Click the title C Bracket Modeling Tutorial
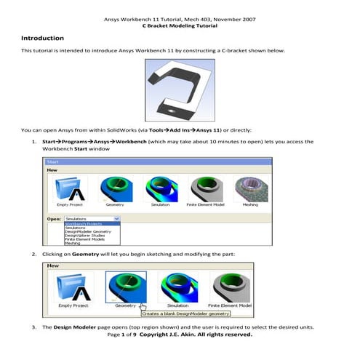180,24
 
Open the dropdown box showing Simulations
91,217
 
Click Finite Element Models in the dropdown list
87,239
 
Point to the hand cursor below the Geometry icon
143,307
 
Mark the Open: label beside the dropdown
54,217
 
